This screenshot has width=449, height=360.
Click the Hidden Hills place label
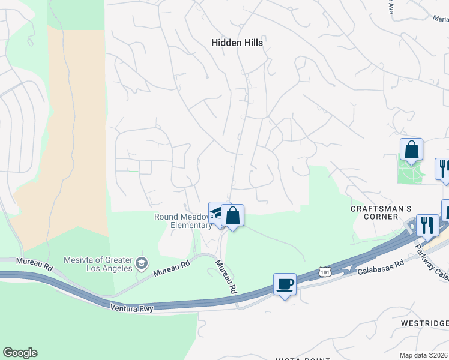(x=237, y=43)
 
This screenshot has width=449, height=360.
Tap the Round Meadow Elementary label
(x=183, y=221)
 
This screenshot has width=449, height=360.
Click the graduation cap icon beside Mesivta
(x=142, y=262)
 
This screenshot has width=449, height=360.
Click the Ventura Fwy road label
(x=132, y=307)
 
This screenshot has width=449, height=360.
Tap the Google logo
(x=20, y=353)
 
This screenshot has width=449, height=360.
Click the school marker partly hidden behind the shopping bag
(x=217, y=211)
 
